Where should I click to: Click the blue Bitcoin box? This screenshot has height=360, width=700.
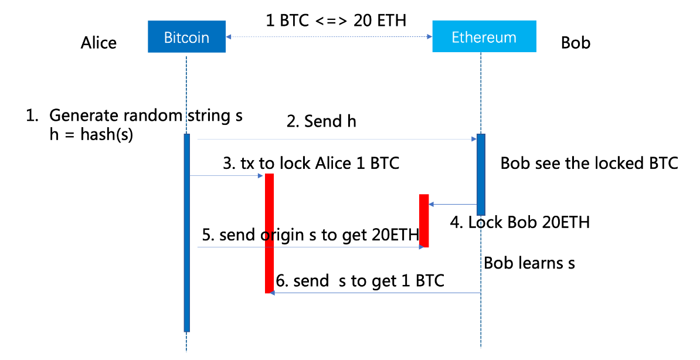pos(186,37)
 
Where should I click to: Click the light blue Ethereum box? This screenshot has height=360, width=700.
pos(484,37)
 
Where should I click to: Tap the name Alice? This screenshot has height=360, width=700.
pos(98,43)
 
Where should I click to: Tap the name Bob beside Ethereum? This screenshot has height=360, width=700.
pos(575,43)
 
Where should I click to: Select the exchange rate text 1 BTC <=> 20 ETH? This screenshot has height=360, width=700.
pos(336,21)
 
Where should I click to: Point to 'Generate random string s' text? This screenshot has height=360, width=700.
pos(145,115)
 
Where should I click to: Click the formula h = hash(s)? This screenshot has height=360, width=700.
pos(91,134)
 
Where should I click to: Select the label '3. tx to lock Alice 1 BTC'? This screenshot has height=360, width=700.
pos(311,163)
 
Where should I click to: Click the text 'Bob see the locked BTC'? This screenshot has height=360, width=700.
pos(589,163)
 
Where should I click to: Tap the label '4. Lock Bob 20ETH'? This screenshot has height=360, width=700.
pos(519,222)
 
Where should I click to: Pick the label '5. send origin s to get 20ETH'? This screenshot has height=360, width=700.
pos(310,235)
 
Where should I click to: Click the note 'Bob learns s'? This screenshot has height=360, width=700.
pos(529,263)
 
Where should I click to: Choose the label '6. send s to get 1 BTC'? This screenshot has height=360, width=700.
pos(359,281)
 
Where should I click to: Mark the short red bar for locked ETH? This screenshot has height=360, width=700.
pos(424,220)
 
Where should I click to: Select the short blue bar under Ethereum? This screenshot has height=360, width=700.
pos(481,174)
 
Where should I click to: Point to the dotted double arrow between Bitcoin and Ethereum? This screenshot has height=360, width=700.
pos(329,37)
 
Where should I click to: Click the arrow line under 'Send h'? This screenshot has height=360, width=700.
pos(334,140)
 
